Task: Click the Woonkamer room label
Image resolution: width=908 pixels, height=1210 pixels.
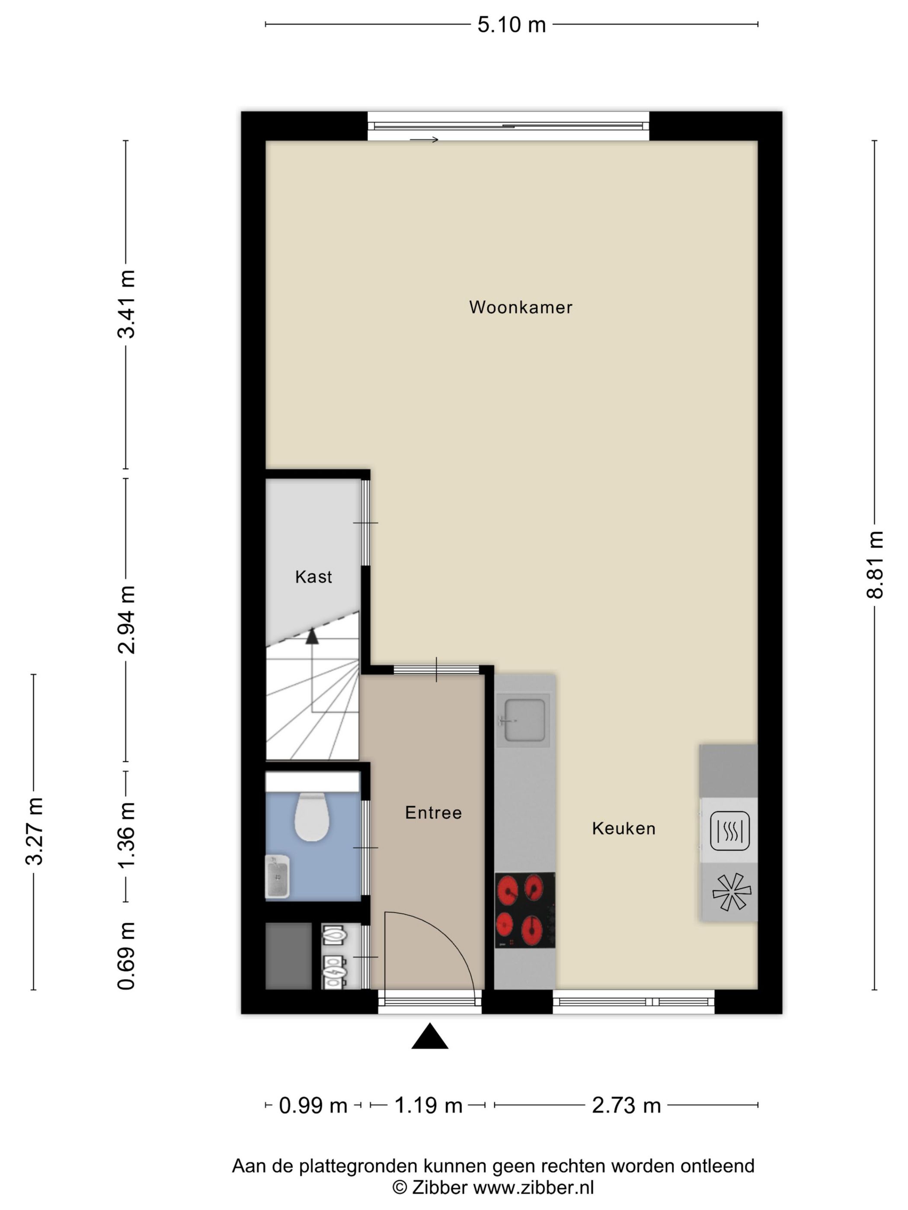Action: tap(520, 307)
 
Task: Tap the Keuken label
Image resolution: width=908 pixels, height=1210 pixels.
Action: tap(623, 828)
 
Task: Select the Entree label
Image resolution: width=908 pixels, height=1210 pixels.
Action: tap(433, 812)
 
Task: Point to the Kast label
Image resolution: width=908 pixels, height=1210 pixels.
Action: tap(313, 576)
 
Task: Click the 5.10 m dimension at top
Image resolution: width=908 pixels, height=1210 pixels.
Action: tap(511, 25)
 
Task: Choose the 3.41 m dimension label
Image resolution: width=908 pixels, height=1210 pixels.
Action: tap(126, 304)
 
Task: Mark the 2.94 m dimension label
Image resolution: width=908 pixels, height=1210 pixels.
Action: tap(126, 620)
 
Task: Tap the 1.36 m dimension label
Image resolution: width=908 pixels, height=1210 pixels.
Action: tap(126, 835)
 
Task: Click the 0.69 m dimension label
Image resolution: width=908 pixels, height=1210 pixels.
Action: tap(126, 955)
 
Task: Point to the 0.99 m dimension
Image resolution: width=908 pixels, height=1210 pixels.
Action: tap(313, 1106)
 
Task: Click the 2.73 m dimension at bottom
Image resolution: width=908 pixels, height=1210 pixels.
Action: tap(626, 1106)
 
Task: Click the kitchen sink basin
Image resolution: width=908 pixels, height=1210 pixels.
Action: tap(524, 720)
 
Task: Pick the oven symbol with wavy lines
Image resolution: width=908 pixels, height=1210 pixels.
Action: tap(729, 831)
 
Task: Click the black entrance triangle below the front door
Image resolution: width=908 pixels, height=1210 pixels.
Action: tap(430, 1037)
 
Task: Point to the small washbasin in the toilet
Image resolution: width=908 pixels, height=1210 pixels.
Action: tap(278, 877)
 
